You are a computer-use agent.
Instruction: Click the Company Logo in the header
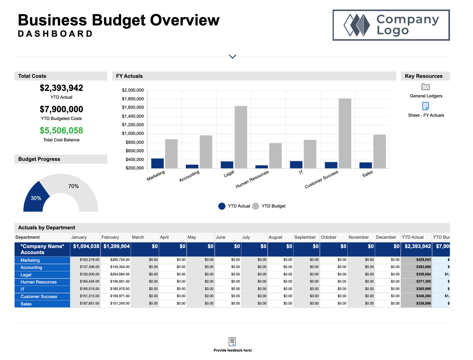pyautogui.click(x=391, y=25)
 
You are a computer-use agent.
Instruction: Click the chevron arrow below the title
pyautogui.click(x=232, y=57)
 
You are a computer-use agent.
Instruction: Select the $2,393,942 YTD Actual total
pyautogui.click(x=61, y=88)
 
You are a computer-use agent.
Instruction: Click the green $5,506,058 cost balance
pyautogui.click(x=61, y=131)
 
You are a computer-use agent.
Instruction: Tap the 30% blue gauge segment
pyautogui.click(x=35, y=197)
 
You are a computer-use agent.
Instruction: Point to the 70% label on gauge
pyautogui.click(x=73, y=186)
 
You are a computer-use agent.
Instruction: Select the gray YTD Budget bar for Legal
pyautogui.click(x=241, y=137)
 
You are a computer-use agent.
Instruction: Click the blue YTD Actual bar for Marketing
pyautogui.click(x=158, y=163)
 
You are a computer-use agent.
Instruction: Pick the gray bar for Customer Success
pyautogui.click(x=345, y=133)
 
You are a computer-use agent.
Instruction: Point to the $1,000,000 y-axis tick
pyautogui.click(x=133, y=133)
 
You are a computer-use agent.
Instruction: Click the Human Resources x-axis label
pyautogui.click(x=252, y=179)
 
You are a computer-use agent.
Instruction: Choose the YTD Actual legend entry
pyautogui.click(x=234, y=206)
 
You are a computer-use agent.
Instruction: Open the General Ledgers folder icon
pyautogui.click(x=425, y=87)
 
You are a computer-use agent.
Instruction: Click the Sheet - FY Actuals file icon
pyautogui.click(x=425, y=106)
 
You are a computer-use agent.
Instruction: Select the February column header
pyautogui.click(x=110, y=237)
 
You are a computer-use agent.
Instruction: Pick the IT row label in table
pyautogui.click(x=23, y=289)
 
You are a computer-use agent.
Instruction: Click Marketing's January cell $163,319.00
pyautogui.click(x=90, y=260)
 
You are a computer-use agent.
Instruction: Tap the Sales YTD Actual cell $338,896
pyautogui.click(x=423, y=304)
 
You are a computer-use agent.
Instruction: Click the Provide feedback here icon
pyautogui.click(x=232, y=342)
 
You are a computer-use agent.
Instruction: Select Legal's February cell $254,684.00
pyautogui.click(x=120, y=275)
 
